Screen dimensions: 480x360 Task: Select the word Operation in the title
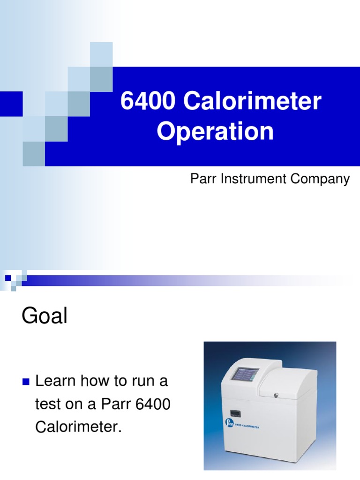coord(215,132)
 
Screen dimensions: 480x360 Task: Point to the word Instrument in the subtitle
coord(246,179)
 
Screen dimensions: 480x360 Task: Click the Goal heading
coord(45,317)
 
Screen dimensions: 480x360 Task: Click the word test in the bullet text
coord(45,405)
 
